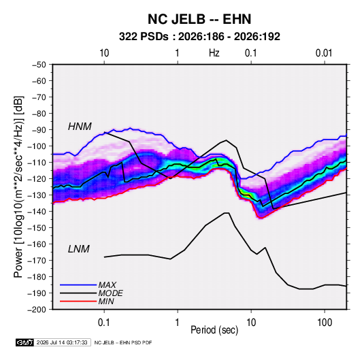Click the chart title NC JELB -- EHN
point(199,19)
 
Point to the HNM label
point(80,127)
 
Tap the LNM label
point(79,249)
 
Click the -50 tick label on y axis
point(39,65)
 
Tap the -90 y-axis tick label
point(39,129)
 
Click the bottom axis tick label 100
point(325,323)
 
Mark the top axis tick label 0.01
point(324,53)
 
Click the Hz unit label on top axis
point(214,53)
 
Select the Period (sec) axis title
point(214,330)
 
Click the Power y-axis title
point(18,186)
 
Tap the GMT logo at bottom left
point(24,342)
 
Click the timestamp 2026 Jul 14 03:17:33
point(62,342)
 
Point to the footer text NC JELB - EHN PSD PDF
point(123,342)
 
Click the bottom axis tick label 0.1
point(104,323)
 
